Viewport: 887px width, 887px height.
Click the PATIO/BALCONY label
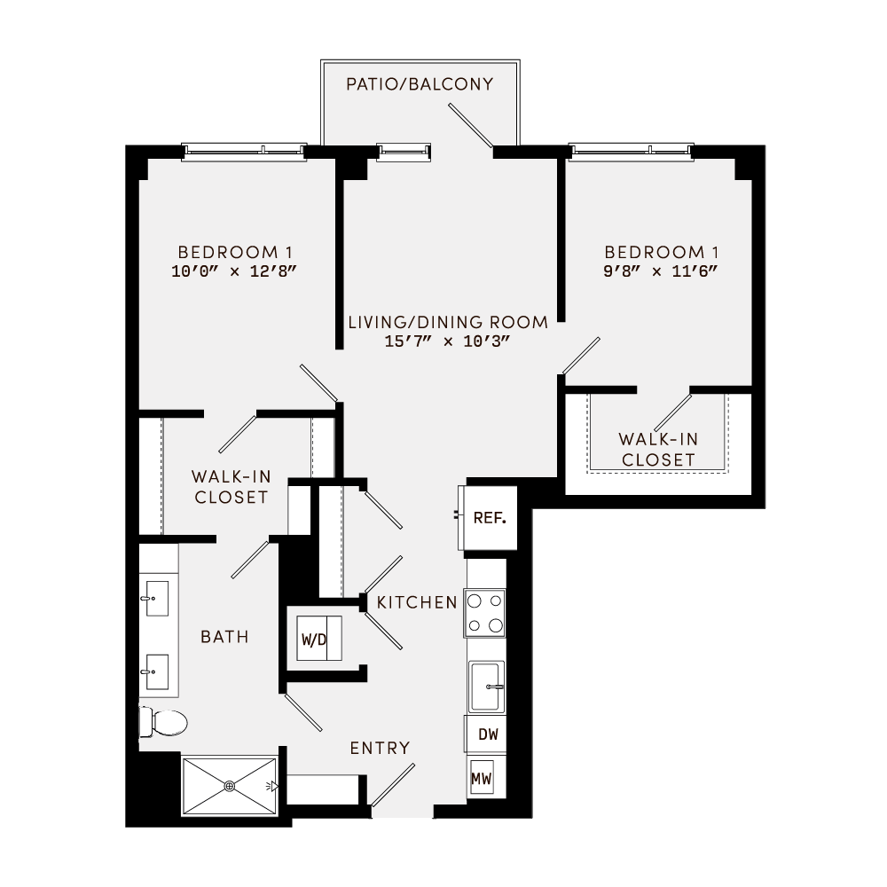[x=420, y=84]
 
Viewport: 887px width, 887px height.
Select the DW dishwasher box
[x=487, y=734]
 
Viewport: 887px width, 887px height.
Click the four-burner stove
[x=484, y=613]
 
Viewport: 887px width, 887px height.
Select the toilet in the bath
[x=163, y=723]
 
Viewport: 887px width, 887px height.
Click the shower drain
[x=230, y=785]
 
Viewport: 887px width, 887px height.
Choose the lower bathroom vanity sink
[x=157, y=672]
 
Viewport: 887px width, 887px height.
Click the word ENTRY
[x=380, y=748]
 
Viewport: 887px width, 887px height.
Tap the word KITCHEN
[x=417, y=602]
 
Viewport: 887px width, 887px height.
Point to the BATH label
[x=224, y=636]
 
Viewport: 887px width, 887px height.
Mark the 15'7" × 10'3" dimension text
[x=447, y=341]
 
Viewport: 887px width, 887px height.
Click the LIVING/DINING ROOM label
[x=447, y=322]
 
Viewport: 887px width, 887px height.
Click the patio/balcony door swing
[x=471, y=125]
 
